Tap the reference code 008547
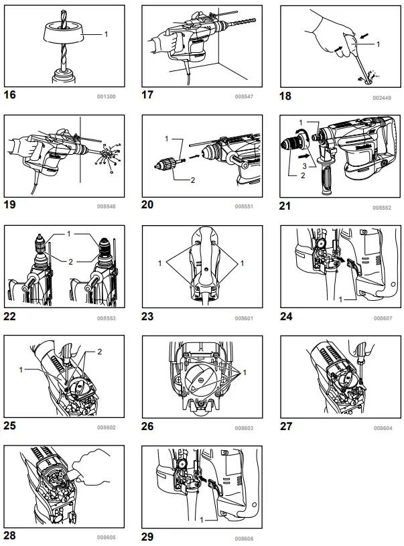tap(244, 96)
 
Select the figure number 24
tap(287, 315)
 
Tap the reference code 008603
tap(244, 427)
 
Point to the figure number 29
tap(149, 536)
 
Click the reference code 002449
tap(383, 96)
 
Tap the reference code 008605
tap(106, 537)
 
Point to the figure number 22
tap(10, 316)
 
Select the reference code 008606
tap(244, 537)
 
